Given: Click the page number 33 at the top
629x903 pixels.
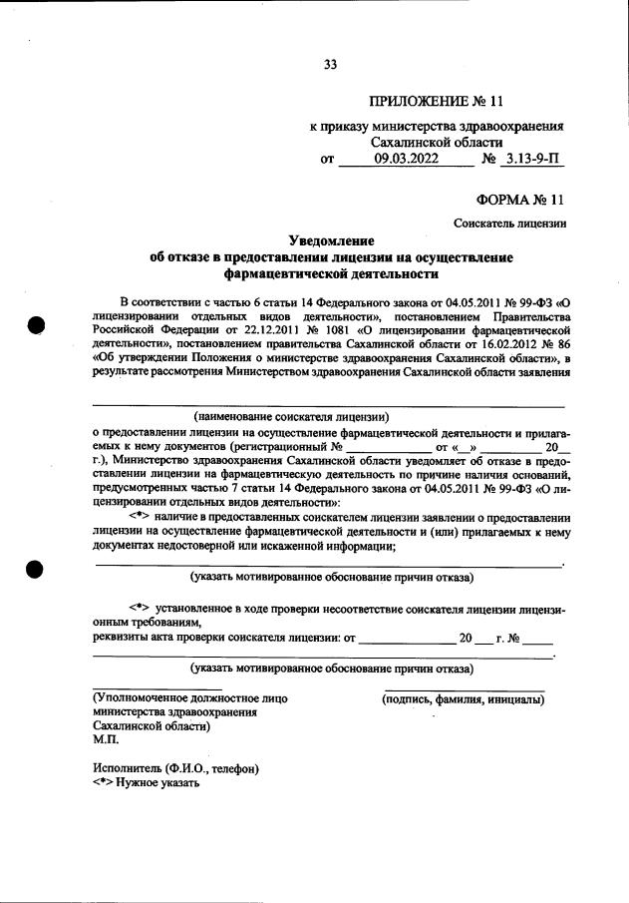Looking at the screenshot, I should pyautogui.click(x=331, y=65).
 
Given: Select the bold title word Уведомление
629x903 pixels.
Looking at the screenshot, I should pyautogui.click(x=331, y=241).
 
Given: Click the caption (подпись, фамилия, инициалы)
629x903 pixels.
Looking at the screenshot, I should pyautogui.click(x=464, y=700).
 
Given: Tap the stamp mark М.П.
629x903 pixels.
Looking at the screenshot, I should pyautogui.click(x=105, y=741).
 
